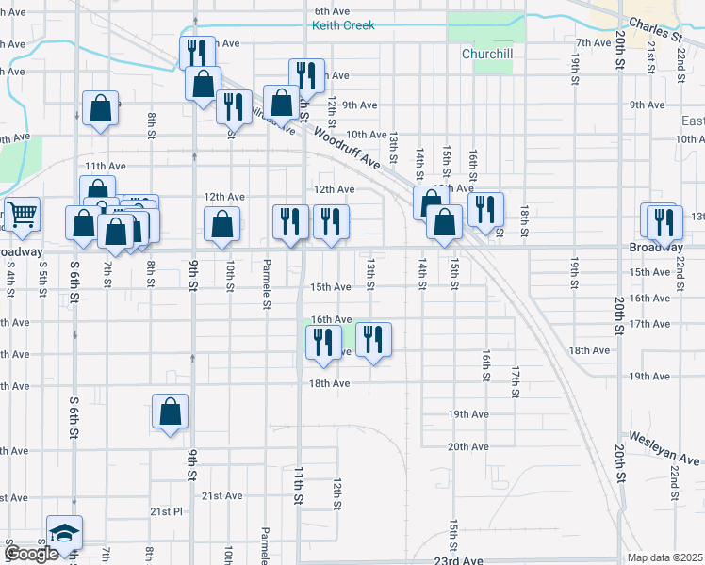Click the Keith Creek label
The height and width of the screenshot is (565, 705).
pyautogui.click(x=343, y=25)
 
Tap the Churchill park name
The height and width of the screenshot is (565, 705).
pyautogui.click(x=486, y=55)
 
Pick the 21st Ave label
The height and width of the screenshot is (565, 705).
pyautogui.click(x=221, y=496)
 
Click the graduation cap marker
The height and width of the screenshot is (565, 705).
pyautogui.click(x=64, y=533)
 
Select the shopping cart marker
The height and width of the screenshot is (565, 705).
pyautogui.click(x=21, y=214)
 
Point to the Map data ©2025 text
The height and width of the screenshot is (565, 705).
pyautogui.click(x=664, y=557)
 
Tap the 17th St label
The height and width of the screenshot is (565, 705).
pyautogui.click(x=516, y=380)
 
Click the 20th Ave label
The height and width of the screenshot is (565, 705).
pyautogui.click(x=467, y=446)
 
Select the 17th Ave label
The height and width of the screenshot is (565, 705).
pyautogui.click(x=649, y=324)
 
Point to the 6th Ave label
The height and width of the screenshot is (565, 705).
pyautogui.click(x=333, y=11)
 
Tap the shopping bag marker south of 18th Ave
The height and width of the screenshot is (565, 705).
pyautogui.click(x=170, y=411)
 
